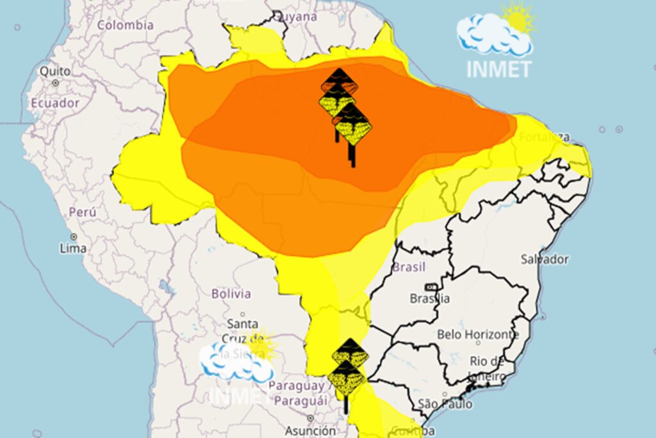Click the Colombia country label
coord(126,25)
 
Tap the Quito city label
coord(55,71)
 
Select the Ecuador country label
coord(55,103)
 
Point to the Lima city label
coord(72,248)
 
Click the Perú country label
coord(82,212)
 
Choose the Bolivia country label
coord(231,294)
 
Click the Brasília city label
coord(429,298)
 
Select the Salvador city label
coord(545,259)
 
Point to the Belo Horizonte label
coord(477,334)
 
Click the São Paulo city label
coord(445,404)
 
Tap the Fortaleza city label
coord(545,137)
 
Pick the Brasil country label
coord(409,267)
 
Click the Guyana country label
coord(299,17)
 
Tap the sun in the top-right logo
coord(519,17)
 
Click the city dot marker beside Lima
coord(74,237)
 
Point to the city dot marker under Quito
coord(56,83)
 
